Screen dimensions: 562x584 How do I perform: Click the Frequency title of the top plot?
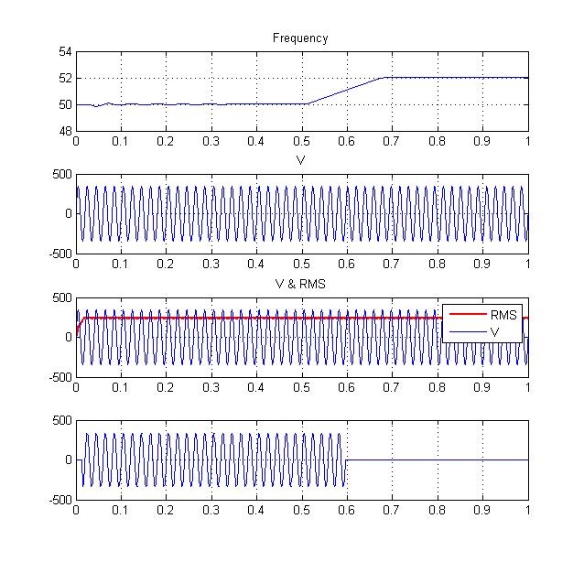point(300,38)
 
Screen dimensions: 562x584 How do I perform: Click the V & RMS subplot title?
point(300,284)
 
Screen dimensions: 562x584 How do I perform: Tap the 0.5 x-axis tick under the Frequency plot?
point(301,142)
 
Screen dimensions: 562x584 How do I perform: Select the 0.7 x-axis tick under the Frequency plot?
point(392,142)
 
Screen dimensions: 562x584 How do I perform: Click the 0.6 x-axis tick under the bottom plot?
point(347,512)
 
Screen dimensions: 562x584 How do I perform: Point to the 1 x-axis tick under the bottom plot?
point(528,512)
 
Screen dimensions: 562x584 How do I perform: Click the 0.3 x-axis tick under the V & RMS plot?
point(211,388)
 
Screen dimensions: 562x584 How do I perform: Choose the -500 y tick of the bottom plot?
point(59,500)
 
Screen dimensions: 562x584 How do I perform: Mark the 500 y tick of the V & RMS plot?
point(60,298)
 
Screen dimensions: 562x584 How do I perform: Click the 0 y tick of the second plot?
point(67,214)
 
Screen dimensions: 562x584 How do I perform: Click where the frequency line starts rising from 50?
point(308,103)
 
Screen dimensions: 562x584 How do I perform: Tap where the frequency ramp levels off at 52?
point(384,78)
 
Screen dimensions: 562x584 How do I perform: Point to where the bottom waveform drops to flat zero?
point(346,459)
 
